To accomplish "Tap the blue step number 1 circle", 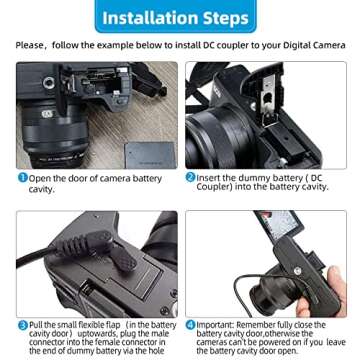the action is (x=22, y=178).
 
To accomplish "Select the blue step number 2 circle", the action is (x=190, y=178).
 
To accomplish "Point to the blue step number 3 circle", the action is (x=23, y=325).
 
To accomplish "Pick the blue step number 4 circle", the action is (x=191, y=325).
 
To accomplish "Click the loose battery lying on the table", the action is (x=150, y=155).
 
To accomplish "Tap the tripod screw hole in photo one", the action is (x=49, y=82).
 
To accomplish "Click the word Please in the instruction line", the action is (x=29, y=45).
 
